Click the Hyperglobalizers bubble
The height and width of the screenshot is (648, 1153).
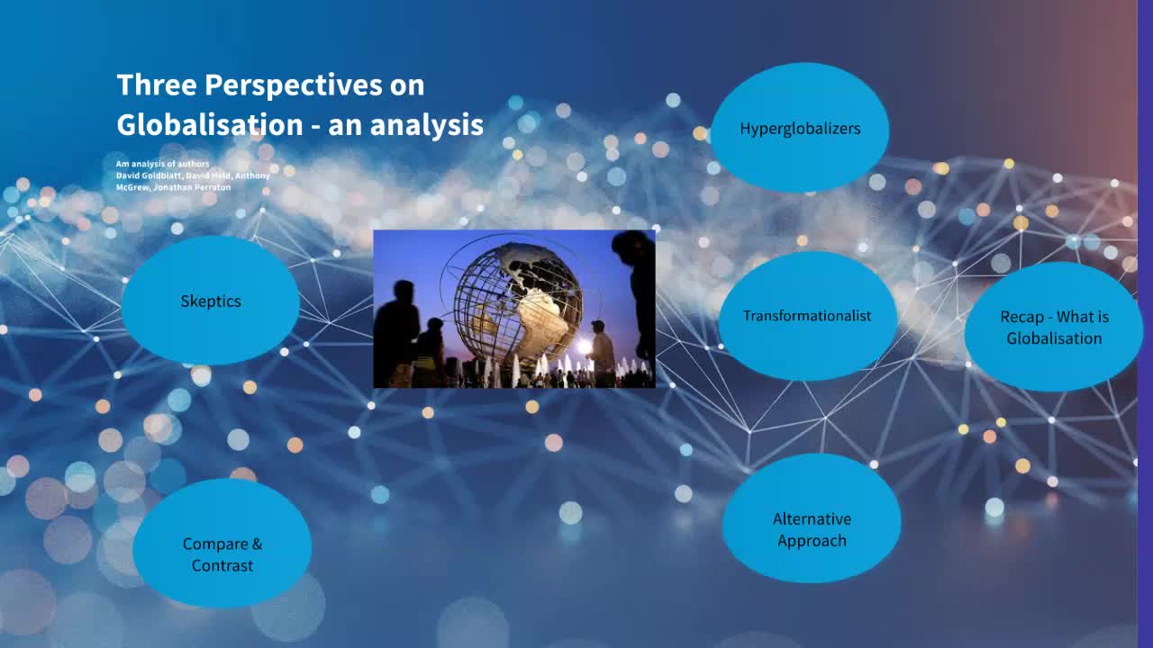pyautogui.click(x=800, y=128)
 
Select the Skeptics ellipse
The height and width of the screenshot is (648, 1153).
pyautogui.click(x=210, y=301)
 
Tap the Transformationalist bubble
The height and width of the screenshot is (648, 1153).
pyautogui.click(x=807, y=316)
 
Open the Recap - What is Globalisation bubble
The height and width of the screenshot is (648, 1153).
pyautogui.click(x=1053, y=328)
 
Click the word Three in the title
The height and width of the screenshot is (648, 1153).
pyautogui.click(x=157, y=85)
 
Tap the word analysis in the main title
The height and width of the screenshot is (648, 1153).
pyautogui.click(x=426, y=125)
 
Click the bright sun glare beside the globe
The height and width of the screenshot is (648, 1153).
pyautogui.click(x=583, y=346)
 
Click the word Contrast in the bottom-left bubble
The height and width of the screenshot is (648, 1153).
pyautogui.click(x=222, y=566)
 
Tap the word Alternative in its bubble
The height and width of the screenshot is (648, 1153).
pyautogui.click(x=811, y=518)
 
